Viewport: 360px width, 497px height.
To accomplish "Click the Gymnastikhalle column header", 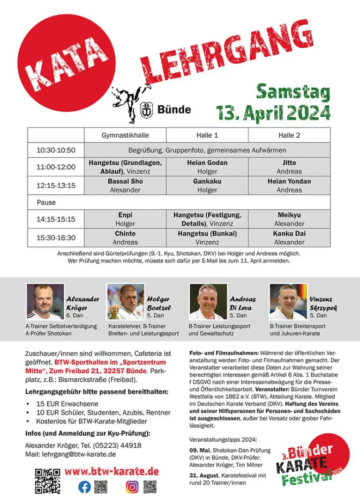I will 125,135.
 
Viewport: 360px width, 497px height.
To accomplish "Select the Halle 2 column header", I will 289,135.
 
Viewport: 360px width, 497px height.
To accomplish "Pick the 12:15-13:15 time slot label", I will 56,185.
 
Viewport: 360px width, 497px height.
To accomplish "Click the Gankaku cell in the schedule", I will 207,185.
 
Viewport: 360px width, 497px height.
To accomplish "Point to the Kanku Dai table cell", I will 289,237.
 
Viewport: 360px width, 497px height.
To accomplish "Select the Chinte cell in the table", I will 125,237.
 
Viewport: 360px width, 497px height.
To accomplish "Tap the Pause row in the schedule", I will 46,202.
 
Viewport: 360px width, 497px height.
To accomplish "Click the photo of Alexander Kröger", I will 45,302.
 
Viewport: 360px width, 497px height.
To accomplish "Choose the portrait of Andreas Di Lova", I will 208,302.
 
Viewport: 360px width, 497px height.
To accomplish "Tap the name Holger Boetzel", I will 159,304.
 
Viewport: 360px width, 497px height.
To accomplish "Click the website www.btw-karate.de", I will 112,472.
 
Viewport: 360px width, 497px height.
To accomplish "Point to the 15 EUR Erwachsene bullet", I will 68,403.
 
